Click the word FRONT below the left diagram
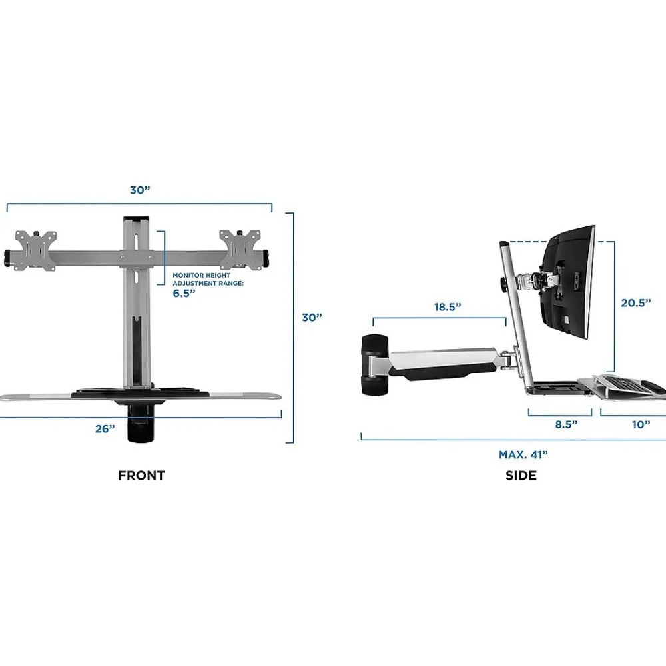coord(141,475)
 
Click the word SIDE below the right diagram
coord(521,475)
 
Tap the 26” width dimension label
coord(105,428)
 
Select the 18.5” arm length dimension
coord(448,306)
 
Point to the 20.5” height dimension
coord(636,303)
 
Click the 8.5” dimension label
coord(566,424)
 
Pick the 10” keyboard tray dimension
coord(641,424)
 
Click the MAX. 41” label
coord(523,454)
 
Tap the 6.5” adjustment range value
coord(184,293)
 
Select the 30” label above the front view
coord(140,190)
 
